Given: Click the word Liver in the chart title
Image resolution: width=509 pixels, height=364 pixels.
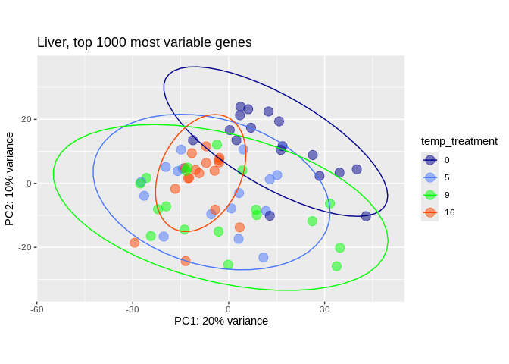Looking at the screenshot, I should (x=53, y=42).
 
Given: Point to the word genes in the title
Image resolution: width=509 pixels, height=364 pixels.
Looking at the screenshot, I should (x=233, y=43).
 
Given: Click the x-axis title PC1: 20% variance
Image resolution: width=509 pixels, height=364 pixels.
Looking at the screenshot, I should (x=221, y=321).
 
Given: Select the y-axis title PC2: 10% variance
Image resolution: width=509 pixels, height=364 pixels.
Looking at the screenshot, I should (x=10, y=179).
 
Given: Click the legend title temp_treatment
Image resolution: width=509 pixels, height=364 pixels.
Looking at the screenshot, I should (x=459, y=141).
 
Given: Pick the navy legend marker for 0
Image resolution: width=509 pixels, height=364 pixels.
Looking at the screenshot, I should (x=430, y=160).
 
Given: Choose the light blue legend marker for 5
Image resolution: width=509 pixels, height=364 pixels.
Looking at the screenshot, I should (x=430, y=177).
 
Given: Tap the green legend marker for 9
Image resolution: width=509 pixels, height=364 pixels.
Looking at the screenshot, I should (x=430, y=195).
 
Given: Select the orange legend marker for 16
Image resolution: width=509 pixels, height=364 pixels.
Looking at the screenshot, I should (x=430, y=212).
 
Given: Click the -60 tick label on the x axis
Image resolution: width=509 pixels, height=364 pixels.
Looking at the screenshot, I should (x=36, y=309).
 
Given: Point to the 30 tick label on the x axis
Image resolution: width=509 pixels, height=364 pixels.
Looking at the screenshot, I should (x=325, y=309).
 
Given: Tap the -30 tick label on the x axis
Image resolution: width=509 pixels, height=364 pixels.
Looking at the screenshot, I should (x=133, y=309).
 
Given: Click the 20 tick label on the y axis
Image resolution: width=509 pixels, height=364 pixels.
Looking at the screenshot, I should (x=26, y=119).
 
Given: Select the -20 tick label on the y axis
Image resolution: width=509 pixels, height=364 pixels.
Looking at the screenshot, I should (x=24, y=247).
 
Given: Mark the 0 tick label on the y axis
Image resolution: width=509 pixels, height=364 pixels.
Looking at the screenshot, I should (x=28, y=184).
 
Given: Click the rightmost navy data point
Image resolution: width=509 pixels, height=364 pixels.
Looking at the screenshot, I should (x=366, y=216).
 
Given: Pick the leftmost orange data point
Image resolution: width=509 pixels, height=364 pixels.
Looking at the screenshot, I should (x=135, y=243).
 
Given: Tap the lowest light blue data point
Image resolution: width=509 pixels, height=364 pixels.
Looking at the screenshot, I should (x=264, y=258).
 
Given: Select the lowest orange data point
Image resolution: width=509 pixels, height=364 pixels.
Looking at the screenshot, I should (x=186, y=261).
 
